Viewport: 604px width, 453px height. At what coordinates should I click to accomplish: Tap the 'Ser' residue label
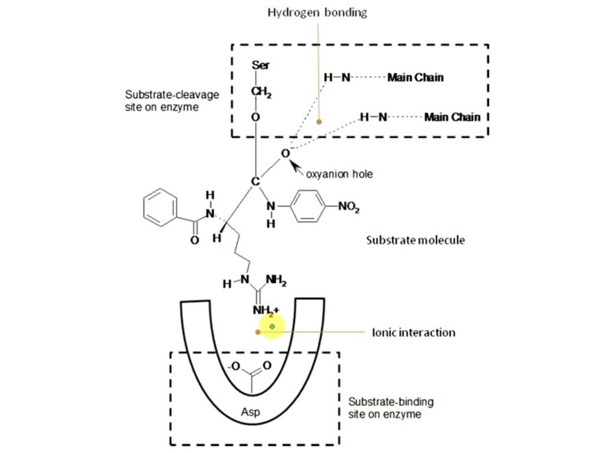pyautogui.click(x=261, y=65)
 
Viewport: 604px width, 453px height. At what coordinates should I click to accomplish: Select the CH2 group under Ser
pyautogui.click(x=260, y=93)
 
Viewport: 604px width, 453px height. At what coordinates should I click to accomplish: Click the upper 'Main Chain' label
pyautogui.click(x=415, y=77)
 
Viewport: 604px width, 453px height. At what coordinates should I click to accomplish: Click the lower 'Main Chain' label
pyautogui.click(x=452, y=117)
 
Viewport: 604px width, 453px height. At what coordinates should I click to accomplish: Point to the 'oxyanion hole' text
pyautogui.click(x=339, y=175)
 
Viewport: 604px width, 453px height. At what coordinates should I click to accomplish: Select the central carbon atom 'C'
pyautogui.click(x=255, y=181)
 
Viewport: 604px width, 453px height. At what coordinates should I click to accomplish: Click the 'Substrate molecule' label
pyautogui.click(x=415, y=240)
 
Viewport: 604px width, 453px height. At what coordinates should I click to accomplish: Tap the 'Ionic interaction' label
pyautogui.click(x=413, y=333)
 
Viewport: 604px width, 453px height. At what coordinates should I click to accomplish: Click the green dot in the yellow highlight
pyautogui.click(x=272, y=326)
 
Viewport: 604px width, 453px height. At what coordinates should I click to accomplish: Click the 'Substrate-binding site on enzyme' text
pyautogui.click(x=390, y=408)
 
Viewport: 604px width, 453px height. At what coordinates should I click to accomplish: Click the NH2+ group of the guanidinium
pyautogui.click(x=265, y=310)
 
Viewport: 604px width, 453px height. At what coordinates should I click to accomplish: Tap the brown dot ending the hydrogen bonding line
pyautogui.click(x=319, y=122)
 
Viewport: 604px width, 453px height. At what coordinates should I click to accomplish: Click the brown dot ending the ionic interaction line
pyautogui.click(x=258, y=332)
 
